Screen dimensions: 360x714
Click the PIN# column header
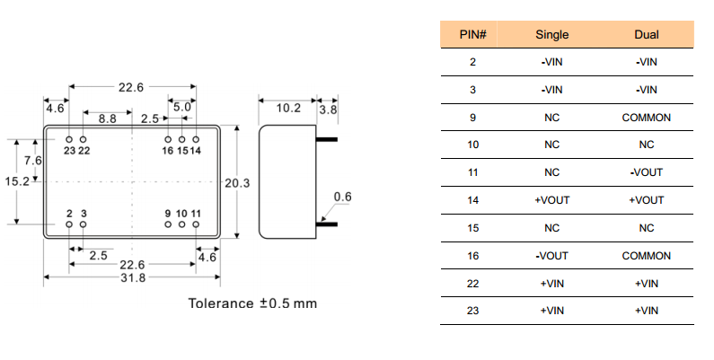[x=472, y=35]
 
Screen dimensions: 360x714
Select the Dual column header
[x=646, y=35]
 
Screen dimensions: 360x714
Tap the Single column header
[x=552, y=35]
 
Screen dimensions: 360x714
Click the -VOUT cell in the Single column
[x=552, y=256]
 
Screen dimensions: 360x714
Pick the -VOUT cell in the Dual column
[x=646, y=172]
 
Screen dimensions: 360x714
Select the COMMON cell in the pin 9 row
[x=646, y=118]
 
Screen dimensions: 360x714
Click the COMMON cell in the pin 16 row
[x=646, y=256]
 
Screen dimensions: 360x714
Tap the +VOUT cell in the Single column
[x=552, y=200]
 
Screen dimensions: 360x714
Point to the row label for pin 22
[x=472, y=284]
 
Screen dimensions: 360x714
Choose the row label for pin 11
[x=472, y=172]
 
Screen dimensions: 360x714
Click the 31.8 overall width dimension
[x=132, y=277]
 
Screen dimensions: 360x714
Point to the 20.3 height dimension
[x=237, y=183]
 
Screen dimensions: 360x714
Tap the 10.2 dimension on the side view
[x=287, y=108]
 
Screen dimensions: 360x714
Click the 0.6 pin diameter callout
[x=342, y=197]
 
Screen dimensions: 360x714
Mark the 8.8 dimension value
[x=107, y=119]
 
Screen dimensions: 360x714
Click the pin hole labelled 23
[x=69, y=139]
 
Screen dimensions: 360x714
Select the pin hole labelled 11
[x=196, y=224]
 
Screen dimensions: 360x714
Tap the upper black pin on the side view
[x=325, y=139]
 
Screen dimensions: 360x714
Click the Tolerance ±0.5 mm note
[x=252, y=303]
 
